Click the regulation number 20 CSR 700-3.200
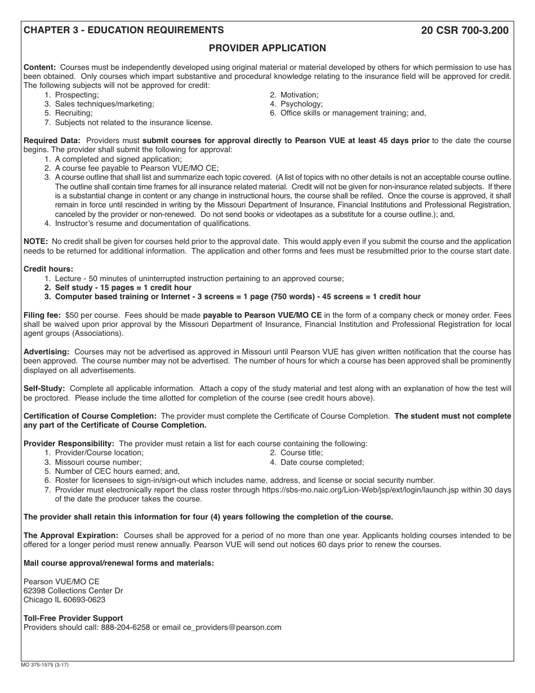pyautogui.click(x=465, y=30)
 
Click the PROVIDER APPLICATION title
pyautogui.click(x=267, y=48)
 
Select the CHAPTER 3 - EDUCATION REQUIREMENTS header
pyautogui.click(x=123, y=30)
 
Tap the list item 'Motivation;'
pyautogui.click(x=299, y=95)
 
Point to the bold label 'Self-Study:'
pyautogui.click(x=44, y=388)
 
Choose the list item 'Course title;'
pyautogui.click(x=301, y=452)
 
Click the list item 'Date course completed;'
pyautogui.click(x=322, y=462)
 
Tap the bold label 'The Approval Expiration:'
pyautogui.click(x=71, y=535)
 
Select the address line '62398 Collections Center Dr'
pyautogui.click(x=73, y=590)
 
